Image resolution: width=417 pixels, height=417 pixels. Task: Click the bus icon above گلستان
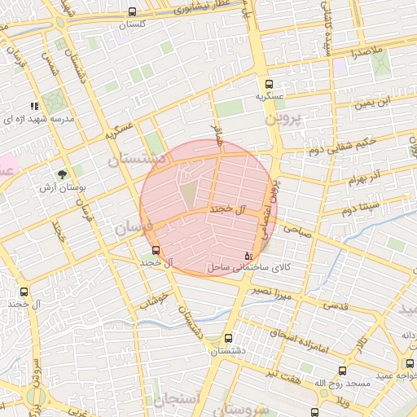tap(133, 12)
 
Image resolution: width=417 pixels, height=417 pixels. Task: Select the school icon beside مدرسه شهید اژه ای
tap(34, 106)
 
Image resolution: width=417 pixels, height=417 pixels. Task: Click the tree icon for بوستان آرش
tap(61, 173)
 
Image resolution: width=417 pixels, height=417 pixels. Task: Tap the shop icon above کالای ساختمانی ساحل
tap(248, 255)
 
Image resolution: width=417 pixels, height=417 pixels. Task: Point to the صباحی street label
tap(296, 231)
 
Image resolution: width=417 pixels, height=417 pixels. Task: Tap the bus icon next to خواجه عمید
tap(410, 363)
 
